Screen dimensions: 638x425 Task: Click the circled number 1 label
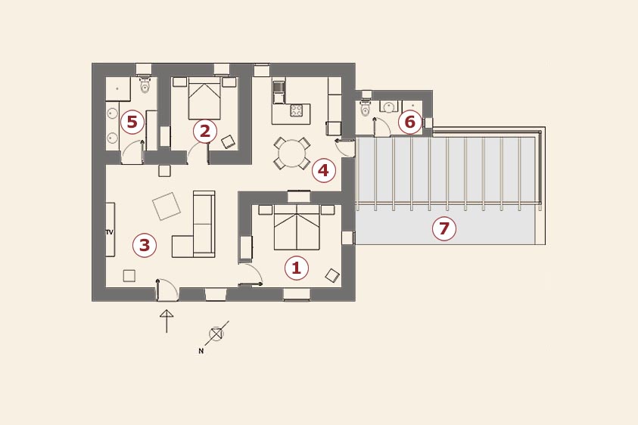click(x=296, y=268)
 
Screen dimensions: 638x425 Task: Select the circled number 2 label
click(x=204, y=132)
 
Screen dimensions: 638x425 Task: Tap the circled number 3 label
click(x=145, y=245)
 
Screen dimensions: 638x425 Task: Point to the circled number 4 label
click(x=323, y=170)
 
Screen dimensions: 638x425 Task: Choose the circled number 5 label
click(x=132, y=122)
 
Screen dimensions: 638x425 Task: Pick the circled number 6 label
click(x=409, y=122)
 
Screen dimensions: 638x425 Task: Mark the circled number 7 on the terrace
click(x=444, y=228)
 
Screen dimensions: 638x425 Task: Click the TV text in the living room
click(x=110, y=232)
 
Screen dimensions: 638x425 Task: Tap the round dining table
click(x=291, y=154)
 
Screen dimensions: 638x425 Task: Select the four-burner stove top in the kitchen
click(x=296, y=110)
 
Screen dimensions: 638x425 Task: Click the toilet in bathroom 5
click(x=145, y=85)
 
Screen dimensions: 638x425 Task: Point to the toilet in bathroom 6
click(x=366, y=107)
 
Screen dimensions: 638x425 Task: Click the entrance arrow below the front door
click(x=167, y=321)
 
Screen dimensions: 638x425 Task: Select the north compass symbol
click(x=216, y=334)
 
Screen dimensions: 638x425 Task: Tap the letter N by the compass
click(x=201, y=351)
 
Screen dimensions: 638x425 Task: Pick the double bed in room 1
click(x=297, y=228)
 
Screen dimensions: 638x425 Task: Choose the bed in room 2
click(x=204, y=98)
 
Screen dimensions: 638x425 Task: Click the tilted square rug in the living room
click(x=167, y=206)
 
